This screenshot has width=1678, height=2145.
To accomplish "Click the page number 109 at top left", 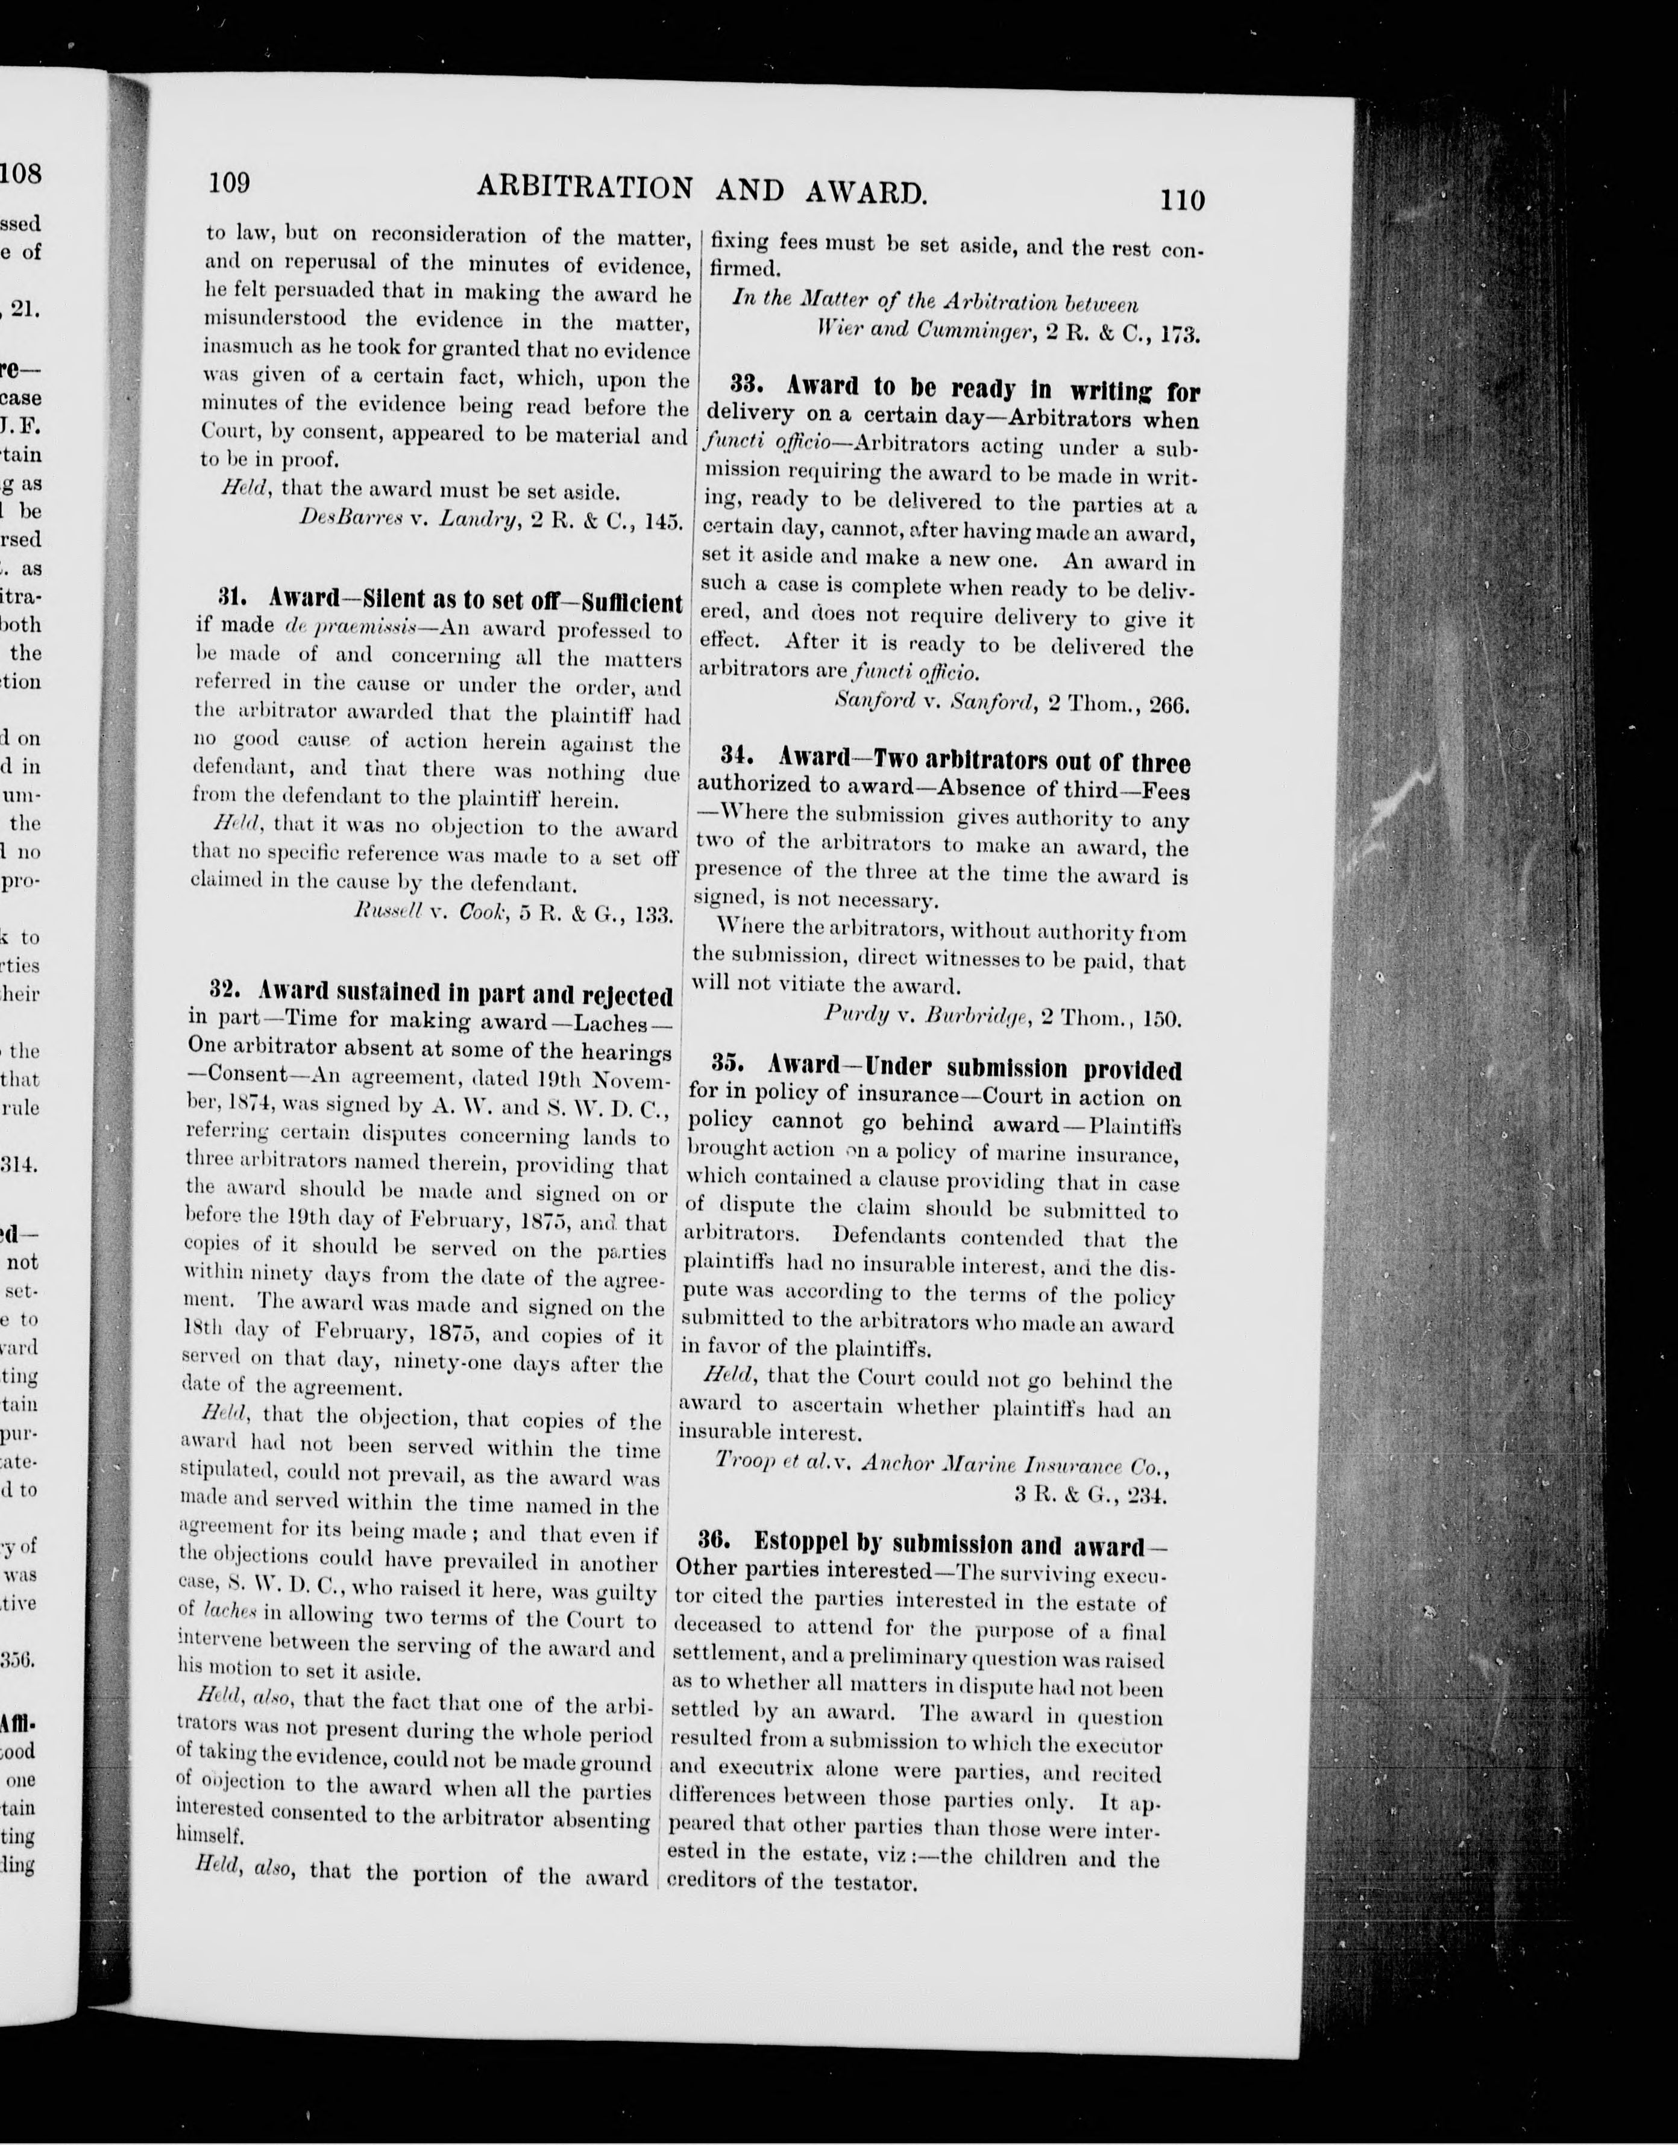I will click(x=229, y=183).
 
